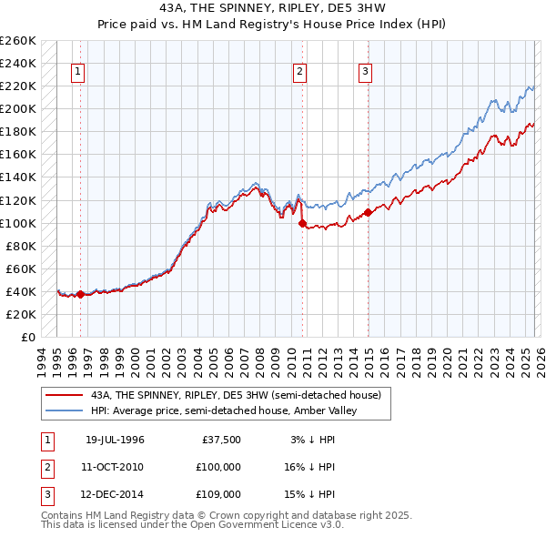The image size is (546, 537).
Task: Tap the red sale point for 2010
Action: point(302,223)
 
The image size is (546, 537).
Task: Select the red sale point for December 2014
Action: point(369,212)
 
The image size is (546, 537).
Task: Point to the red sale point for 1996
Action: point(80,294)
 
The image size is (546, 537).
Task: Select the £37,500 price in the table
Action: point(221,439)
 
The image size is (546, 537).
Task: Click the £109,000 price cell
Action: point(218,494)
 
